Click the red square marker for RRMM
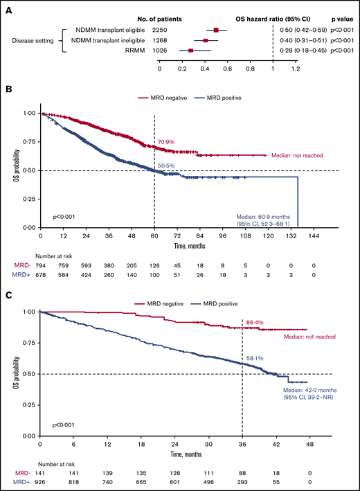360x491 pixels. (191, 51)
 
